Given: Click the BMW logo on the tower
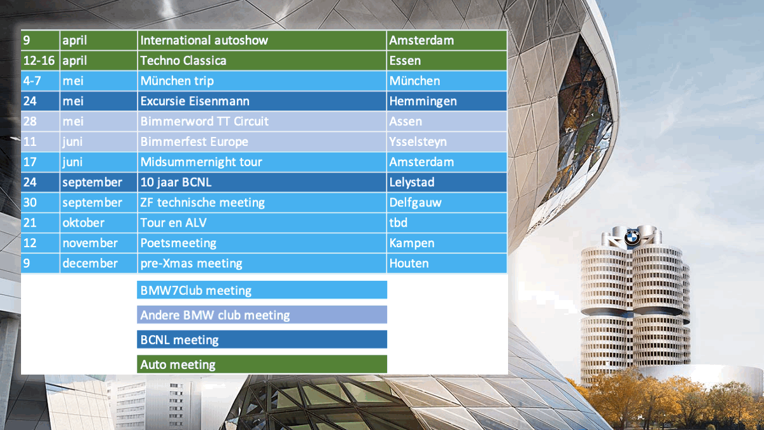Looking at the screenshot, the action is pyautogui.click(x=632, y=238).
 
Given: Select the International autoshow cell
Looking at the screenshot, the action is pyautogui.click(x=262, y=40).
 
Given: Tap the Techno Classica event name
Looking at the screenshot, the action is pyautogui.click(x=262, y=61).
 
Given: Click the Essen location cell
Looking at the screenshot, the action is pyautogui.click(x=447, y=61).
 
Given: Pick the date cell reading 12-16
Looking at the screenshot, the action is pyautogui.click(x=40, y=61).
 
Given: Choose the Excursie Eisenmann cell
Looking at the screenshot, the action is pyautogui.click(x=262, y=101).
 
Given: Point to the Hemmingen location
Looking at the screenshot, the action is pyautogui.click(x=447, y=101).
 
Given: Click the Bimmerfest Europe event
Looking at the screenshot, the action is pyautogui.click(x=262, y=141).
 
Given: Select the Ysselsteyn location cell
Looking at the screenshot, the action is pyautogui.click(x=447, y=141).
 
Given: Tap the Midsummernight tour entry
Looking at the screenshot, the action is pyautogui.click(x=262, y=162).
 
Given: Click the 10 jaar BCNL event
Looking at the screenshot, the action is pyautogui.click(x=262, y=182).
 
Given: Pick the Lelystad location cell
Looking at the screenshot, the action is pyautogui.click(x=447, y=182).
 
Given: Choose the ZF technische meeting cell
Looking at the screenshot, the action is pyautogui.click(x=262, y=203).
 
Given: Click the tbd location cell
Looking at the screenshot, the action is pyautogui.click(x=447, y=222).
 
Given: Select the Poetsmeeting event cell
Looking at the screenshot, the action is pyautogui.click(x=262, y=243).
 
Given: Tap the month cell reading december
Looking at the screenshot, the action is pyautogui.click(x=99, y=263).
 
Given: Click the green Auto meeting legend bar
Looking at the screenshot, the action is pyautogui.click(x=262, y=364).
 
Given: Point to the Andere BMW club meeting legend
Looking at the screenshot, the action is pyautogui.click(x=262, y=315).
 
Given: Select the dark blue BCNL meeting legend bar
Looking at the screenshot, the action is pyautogui.click(x=262, y=340).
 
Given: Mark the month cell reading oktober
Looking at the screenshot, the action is pyautogui.click(x=99, y=222).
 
